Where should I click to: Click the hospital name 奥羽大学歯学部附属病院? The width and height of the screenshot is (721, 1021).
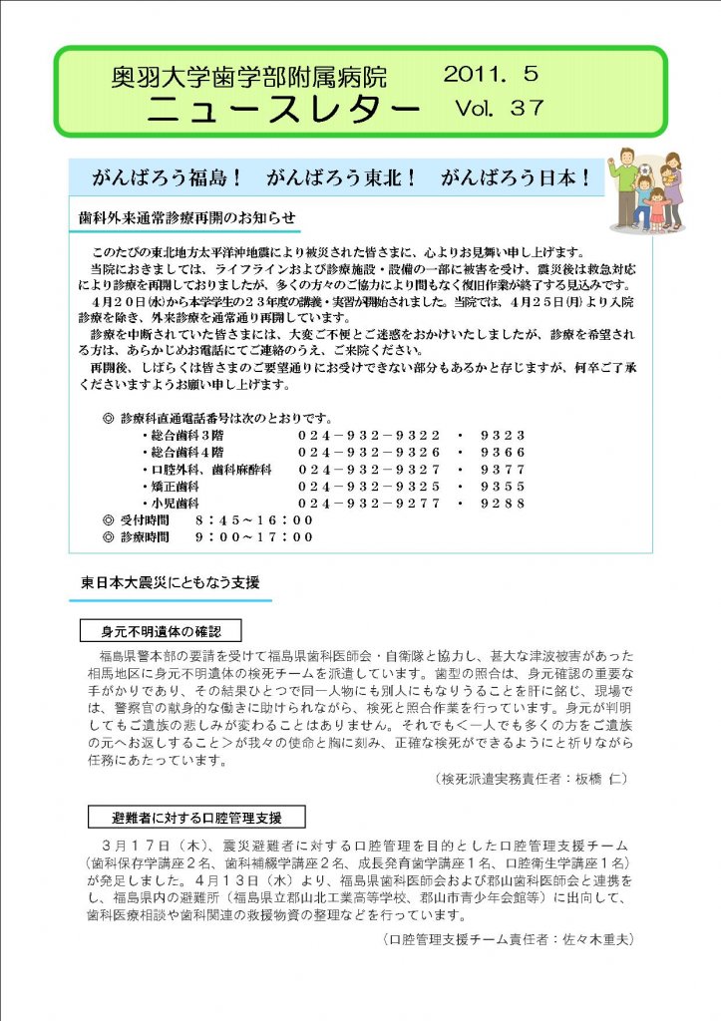[x=249, y=76]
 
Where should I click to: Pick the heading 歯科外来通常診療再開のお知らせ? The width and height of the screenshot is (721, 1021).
[x=187, y=217]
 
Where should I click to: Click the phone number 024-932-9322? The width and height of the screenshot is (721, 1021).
[x=369, y=436]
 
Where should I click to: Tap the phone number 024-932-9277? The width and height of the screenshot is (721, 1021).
[x=369, y=504]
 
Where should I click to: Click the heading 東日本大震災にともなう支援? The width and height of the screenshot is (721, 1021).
[x=171, y=583]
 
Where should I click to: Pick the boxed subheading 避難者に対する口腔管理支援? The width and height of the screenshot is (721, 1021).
[x=195, y=819]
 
